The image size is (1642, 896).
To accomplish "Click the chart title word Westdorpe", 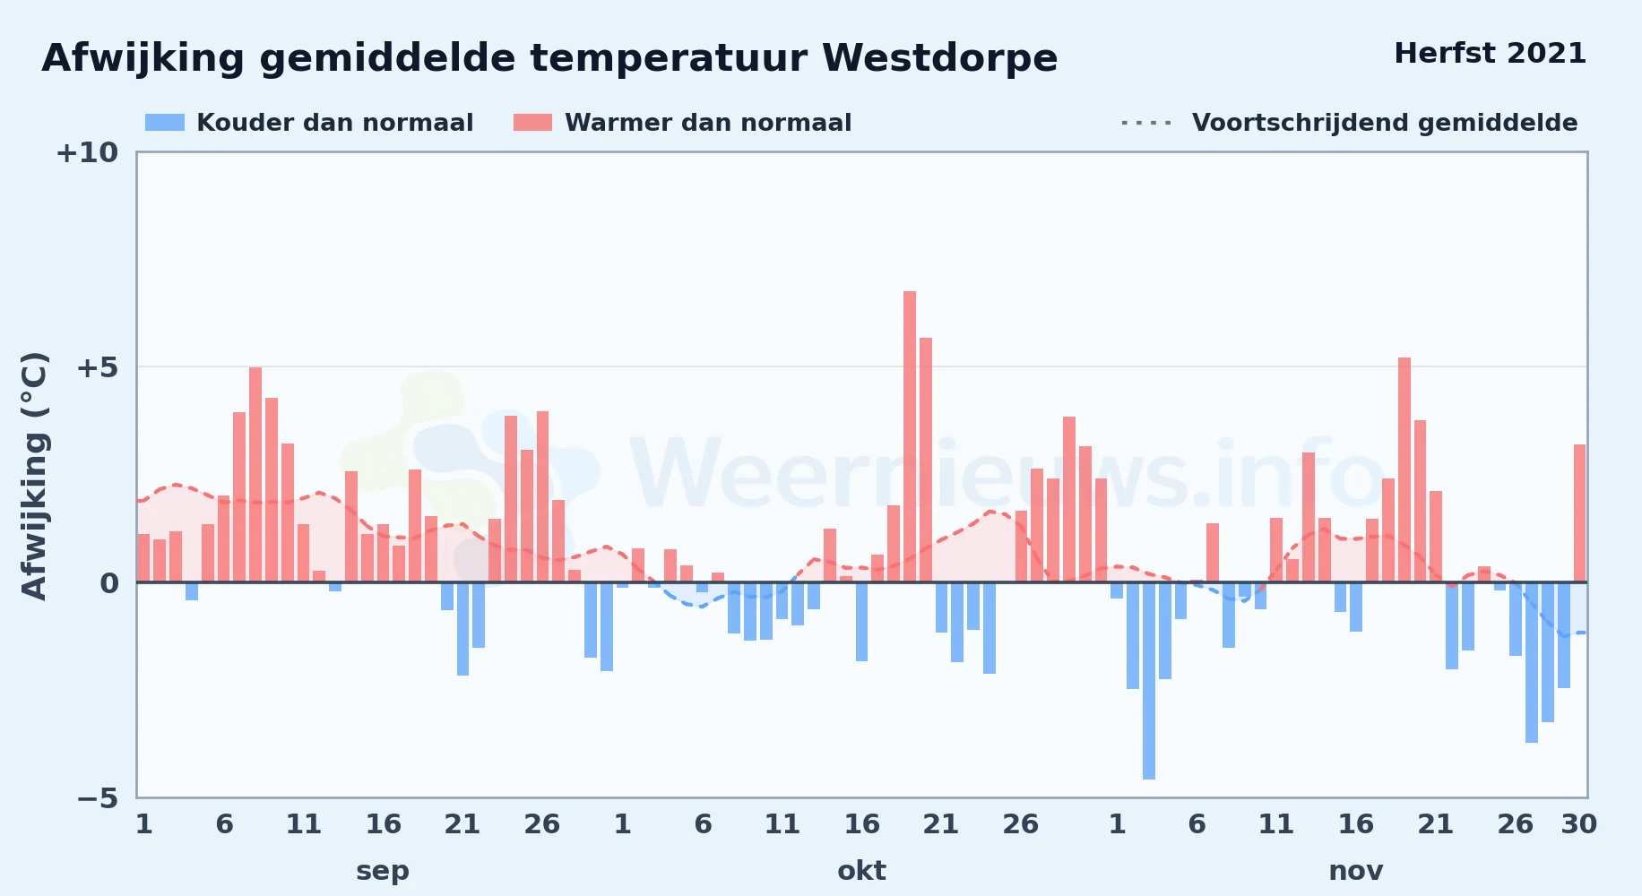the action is pos(940,59).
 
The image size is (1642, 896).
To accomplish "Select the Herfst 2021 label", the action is pos(1490,54).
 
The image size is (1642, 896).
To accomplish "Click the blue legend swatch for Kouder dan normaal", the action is pos(165,123).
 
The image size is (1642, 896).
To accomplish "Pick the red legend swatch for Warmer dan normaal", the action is pos(532,123).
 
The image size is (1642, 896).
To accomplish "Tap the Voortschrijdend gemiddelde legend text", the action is pos(1385,123).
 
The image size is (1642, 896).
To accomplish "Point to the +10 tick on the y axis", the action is pos(87,153).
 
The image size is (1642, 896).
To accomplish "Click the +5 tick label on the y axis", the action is pos(97,367).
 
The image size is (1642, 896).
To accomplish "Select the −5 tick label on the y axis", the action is pos(97,798).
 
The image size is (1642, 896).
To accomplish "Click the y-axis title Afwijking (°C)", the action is pos(34,476).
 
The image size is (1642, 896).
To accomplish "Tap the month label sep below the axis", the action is pos(383,871).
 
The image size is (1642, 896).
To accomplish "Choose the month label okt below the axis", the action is pos(861,871).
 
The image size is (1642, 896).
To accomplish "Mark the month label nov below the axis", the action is pos(1355,871).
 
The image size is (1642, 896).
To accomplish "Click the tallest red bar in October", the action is pos(910,436).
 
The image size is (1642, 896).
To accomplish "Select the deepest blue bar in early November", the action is pos(1149,681).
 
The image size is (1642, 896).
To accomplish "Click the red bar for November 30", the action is pos(1579,513).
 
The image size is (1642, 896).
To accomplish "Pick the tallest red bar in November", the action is pos(1404,470).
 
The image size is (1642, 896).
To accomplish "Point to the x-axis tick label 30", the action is pos(1579,824).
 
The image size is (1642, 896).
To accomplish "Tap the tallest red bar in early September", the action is pos(255,475).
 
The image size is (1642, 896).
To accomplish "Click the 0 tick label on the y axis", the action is pos(109,583).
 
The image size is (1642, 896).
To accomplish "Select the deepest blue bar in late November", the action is pos(1532,662).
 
